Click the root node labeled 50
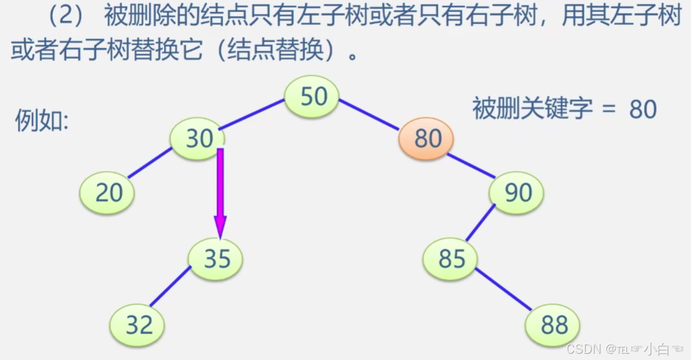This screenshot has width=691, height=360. [312, 97]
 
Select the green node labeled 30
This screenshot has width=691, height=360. [198, 139]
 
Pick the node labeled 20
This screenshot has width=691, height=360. [108, 193]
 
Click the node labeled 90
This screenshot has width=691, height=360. [517, 193]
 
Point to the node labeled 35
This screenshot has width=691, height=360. [216, 259]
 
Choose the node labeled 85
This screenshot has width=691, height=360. [451, 259]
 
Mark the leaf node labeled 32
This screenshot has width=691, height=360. [138, 325]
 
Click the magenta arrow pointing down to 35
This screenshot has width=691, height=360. [220, 192]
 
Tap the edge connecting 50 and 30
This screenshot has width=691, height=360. [252, 114]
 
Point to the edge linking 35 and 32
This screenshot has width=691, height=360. [170, 286]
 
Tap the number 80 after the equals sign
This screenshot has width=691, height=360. [642, 109]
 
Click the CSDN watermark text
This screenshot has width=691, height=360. [583, 348]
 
